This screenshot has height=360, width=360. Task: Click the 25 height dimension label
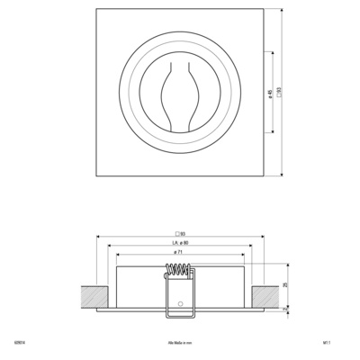point(285,284)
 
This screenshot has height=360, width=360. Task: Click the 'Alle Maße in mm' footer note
point(178,343)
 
